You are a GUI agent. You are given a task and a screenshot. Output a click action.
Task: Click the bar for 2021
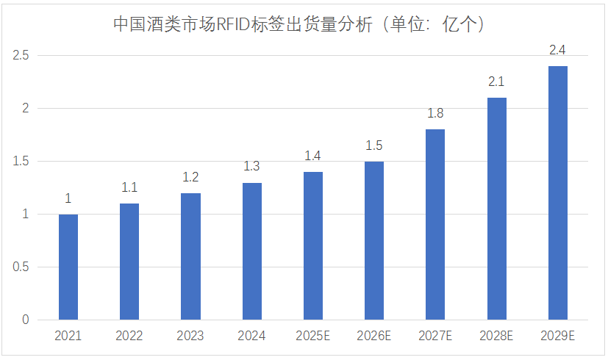(x=68, y=267)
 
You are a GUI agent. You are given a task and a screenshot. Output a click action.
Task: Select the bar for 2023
(x=190, y=256)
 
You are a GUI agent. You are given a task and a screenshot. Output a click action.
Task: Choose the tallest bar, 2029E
(x=557, y=192)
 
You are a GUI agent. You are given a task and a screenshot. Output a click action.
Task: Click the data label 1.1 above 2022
(x=129, y=188)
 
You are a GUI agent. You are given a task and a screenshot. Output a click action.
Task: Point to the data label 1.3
(x=252, y=167)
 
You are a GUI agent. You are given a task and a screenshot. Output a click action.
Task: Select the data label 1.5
(x=374, y=145)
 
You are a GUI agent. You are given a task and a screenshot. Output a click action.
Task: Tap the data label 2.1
(x=496, y=82)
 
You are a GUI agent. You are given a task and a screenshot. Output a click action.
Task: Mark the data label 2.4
(x=557, y=50)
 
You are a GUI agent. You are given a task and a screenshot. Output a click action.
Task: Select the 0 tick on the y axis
(x=25, y=320)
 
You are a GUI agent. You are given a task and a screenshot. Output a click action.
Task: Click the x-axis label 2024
(x=252, y=336)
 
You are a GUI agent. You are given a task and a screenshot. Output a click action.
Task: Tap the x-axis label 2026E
(x=374, y=336)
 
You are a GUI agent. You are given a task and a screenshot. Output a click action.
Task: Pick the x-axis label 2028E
(x=496, y=336)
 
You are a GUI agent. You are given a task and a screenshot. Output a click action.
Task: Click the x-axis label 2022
(x=129, y=336)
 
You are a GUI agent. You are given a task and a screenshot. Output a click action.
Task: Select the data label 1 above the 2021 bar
(x=68, y=198)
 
